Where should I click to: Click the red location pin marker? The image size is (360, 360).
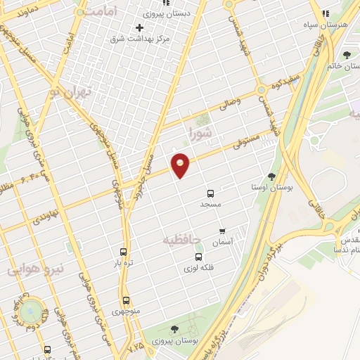(x=181, y=165)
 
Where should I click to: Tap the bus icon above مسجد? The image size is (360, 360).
(x=210, y=193)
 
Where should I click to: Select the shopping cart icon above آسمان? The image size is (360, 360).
(x=222, y=231)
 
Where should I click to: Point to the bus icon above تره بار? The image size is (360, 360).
(x=124, y=252)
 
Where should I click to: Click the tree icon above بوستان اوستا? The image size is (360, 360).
(x=271, y=176)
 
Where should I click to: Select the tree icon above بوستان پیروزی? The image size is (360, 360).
(x=174, y=329)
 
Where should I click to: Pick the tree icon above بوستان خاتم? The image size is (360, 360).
(x=346, y=55)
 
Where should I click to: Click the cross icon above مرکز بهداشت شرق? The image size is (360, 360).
(x=139, y=28)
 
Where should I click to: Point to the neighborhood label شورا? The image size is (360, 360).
(x=200, y=131)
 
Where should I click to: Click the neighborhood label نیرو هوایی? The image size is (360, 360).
(x=35, y=268)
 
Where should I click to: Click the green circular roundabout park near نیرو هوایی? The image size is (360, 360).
(x=31, y=310)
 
